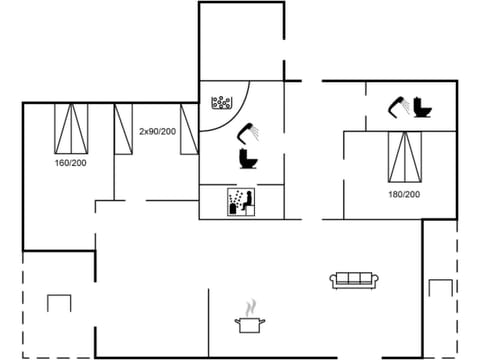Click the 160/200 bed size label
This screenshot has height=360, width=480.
click(x=70, y=160)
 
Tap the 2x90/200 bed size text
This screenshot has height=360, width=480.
click(x=157, y=131)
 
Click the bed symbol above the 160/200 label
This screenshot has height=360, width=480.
click(x=70, y=127)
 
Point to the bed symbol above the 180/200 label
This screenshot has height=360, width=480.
click(x=404, y=158)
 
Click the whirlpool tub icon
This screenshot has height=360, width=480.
click(x=222, y=103)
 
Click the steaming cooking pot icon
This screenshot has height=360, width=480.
click(x=250, y=323)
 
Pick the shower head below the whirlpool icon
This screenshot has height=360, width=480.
click(x=246, y=131)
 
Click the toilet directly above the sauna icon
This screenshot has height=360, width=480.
click(x=246, y=158)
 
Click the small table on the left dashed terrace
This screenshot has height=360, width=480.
click(x=59, y=302)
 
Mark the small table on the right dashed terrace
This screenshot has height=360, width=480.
click(x=441, y=288)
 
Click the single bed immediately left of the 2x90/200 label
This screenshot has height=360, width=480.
click(x=124, y=128)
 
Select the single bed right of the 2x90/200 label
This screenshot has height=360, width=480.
click(x=187, y=128)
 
